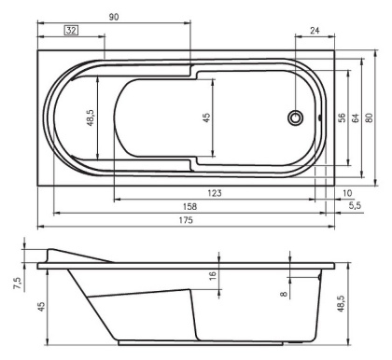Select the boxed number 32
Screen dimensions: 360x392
point(70,30)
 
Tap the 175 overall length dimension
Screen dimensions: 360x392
point(186,221)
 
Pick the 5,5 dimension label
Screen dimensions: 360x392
point(356,206)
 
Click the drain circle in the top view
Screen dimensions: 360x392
point(296,118)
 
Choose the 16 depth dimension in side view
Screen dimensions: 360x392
point(212,276)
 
